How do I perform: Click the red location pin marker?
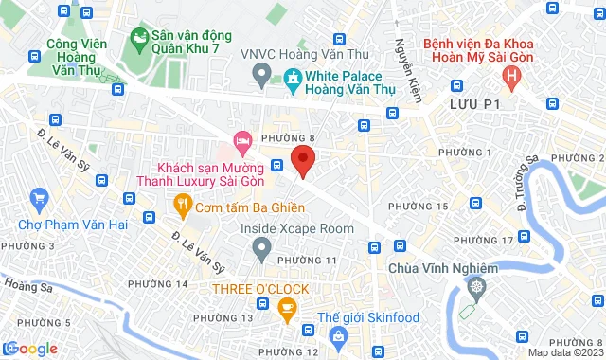point(302,160)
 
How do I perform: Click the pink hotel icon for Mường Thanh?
point(242,141)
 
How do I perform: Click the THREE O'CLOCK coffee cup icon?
point(287,307)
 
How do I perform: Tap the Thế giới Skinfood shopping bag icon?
point(338,335)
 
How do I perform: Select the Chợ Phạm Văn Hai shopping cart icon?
point(39,198)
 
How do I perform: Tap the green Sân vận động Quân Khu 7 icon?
point(139,41)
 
